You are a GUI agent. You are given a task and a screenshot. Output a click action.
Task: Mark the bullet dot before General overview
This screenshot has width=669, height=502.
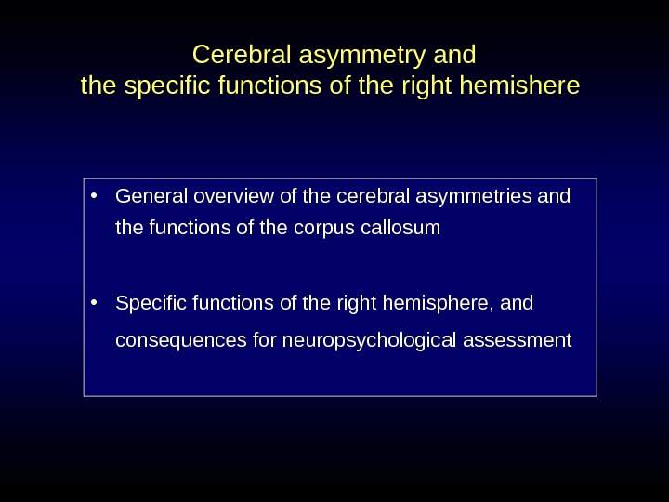pos(96,196)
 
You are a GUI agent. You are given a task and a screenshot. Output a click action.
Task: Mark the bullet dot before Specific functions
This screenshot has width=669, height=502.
pos(96,302)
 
